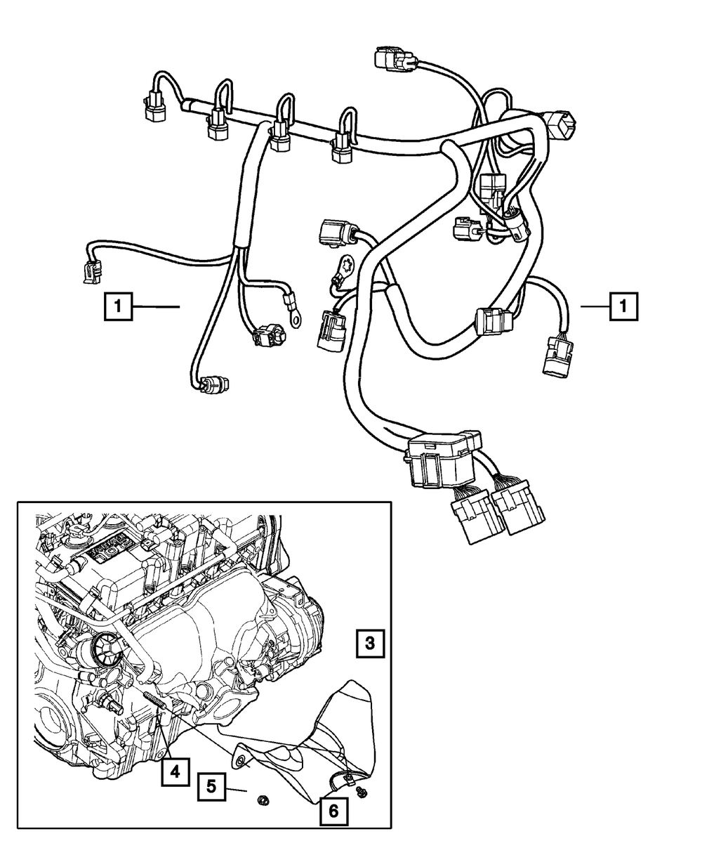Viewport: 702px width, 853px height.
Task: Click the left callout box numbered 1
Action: point(118,306)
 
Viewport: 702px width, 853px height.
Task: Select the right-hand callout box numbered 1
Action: point(623,306)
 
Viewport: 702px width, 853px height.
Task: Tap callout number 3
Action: point(370,643)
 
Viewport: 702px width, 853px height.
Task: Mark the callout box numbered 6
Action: point(333,810)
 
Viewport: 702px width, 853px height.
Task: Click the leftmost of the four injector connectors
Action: point(154,110)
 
